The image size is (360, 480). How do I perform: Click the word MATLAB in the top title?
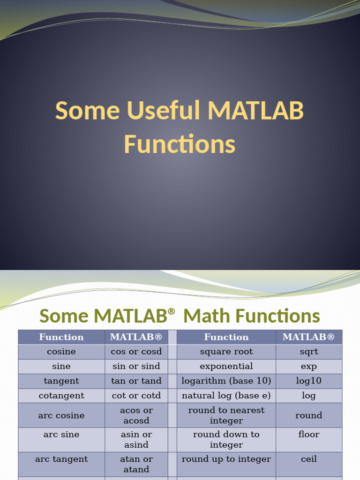pyautogui.click(x=256, y=111)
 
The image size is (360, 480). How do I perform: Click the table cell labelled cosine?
pyautogui.click(x=61, y=352)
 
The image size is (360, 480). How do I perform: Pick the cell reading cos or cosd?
pyautogui.click(x=136, y=352)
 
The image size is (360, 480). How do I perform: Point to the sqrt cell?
pyautogui.click(x=308, y=352)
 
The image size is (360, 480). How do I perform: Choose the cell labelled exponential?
pyautogui.click(x=226, y=366)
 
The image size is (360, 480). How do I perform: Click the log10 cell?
pyautogui.click(x=308, y=381)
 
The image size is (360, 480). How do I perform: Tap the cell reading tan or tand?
pyautogui.click(x=136, y=381)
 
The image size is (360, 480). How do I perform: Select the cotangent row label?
pyautogui.click(x=61, y=395)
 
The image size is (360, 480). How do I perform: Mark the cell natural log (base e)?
pyautogui.click(x=226, y=395)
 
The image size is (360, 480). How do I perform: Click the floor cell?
pyautogui.click(x=308, y=435)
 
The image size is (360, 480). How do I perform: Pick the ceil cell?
pyautogui.click(x=308, y=459)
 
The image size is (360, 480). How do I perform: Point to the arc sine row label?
pyautogui.click(x=61, y=435)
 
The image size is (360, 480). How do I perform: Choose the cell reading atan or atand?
pyautogui.click(x=136, y=464)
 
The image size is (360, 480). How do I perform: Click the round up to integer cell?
pyautogui.click(x=226, y=459)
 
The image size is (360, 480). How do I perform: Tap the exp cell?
pyautogui.click(x=308, y=366)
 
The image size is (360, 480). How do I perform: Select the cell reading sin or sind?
pyautogui.click(x=136, y=366)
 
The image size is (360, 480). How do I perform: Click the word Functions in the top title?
pyautogui.click(x=180, y=144)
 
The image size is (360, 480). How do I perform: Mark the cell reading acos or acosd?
pyautogui.click(x=136, y=415)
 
